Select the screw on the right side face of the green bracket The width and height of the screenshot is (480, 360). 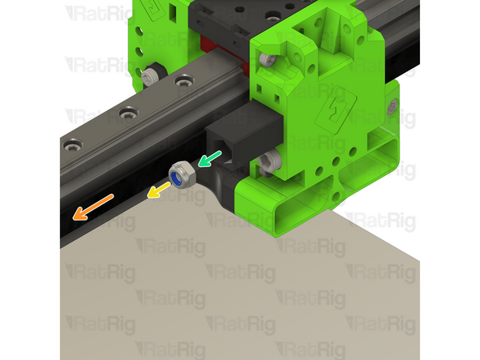click(x=392, y=105)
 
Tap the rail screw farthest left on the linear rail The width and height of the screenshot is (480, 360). click(x=73, y=147)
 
